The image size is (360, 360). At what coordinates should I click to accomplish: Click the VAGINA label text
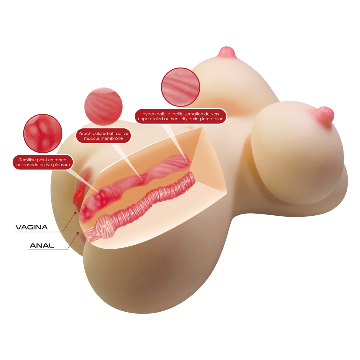coord(31,227)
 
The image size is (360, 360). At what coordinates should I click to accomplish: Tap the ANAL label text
coord(42,246)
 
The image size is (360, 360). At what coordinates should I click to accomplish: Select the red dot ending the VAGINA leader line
coord(75,212)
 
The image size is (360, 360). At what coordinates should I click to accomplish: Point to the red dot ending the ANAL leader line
coord(78,233)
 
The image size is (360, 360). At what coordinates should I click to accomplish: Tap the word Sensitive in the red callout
coord(28,160)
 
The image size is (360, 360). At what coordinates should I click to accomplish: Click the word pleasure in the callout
coord(61,165)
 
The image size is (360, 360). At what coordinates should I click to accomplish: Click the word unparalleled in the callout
coord(150,119)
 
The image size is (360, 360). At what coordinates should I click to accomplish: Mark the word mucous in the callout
coord(91,138)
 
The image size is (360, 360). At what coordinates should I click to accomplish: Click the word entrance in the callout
coord(57,160)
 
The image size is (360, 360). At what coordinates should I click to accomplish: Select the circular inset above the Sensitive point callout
coord(43,133)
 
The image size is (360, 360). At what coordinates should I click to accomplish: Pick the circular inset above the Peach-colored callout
coord(103,106)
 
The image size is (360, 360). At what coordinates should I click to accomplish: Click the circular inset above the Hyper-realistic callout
coord(181,87)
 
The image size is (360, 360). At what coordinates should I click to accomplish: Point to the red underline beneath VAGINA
coord(36,232)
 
